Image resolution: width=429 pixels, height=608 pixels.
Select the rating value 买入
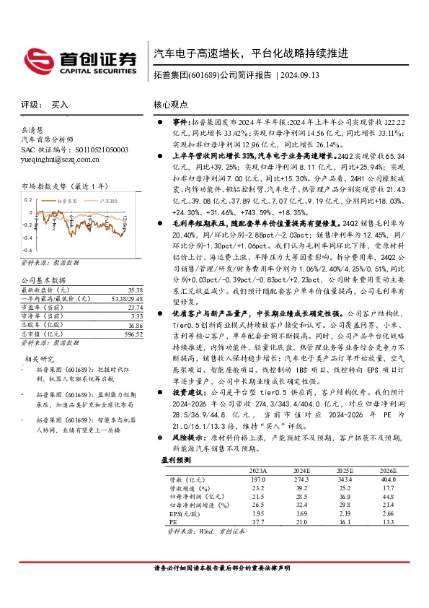coord(60,105)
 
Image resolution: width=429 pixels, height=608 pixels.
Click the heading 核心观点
coord(170,105)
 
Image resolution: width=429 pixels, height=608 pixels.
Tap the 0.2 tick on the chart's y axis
coord(29,197)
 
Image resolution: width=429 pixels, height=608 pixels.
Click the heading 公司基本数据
coord(43,279)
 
